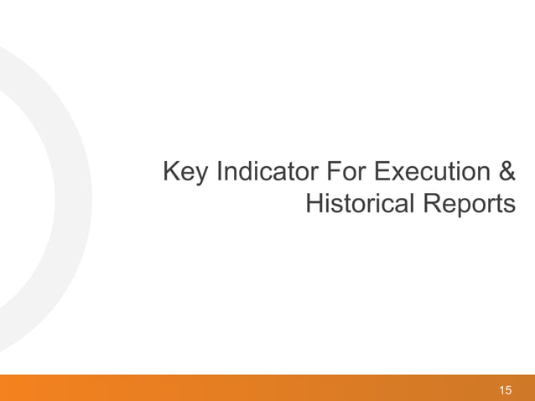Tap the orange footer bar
tap(252, 388)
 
